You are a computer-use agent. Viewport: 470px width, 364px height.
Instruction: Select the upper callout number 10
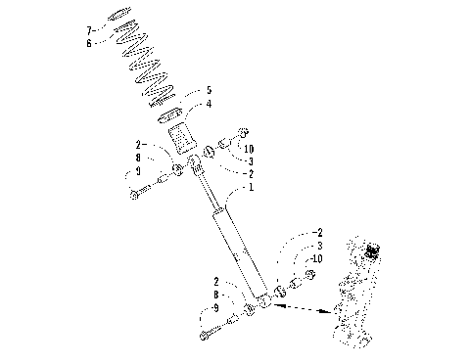coord(251,150)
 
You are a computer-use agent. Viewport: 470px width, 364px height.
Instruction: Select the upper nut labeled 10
coord(243,132)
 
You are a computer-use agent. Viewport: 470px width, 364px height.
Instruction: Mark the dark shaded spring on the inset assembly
coord(371,252)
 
